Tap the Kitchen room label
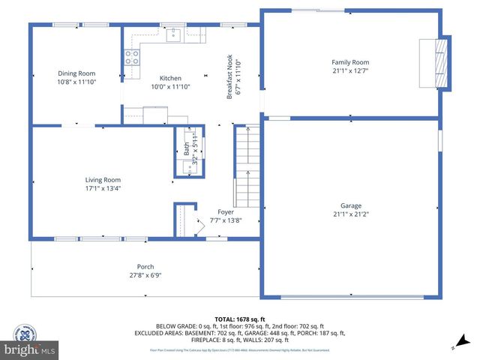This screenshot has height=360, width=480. [171, 78]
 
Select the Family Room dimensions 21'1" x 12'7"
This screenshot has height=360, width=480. [350, 71]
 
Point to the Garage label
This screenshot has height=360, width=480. [351, 205]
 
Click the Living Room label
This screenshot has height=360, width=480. [103, 180]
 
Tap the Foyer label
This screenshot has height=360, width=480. [226, 212]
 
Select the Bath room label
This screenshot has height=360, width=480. [187, 148]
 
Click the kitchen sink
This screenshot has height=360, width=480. [174, 34]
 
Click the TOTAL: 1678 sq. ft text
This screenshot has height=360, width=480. [240, 318]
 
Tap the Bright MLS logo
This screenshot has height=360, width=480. [30, 349]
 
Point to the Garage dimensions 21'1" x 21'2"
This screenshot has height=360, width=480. [350, 214]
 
